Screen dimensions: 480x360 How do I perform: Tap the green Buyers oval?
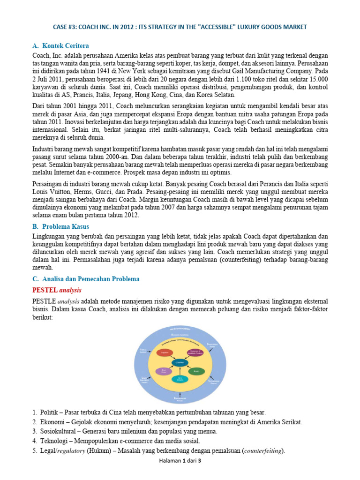[196, 371]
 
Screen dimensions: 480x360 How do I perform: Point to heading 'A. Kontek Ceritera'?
[60, 46]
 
